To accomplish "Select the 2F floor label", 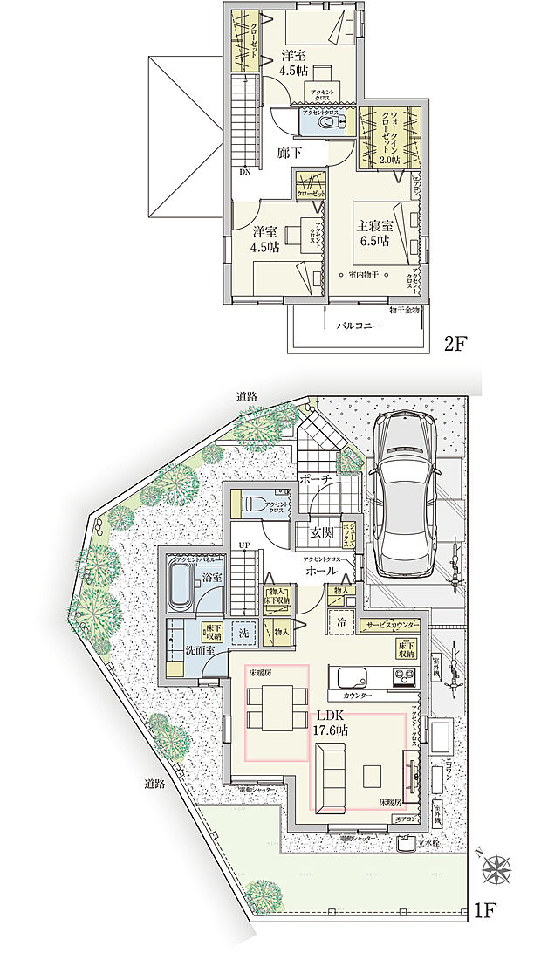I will tap(457, 343).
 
